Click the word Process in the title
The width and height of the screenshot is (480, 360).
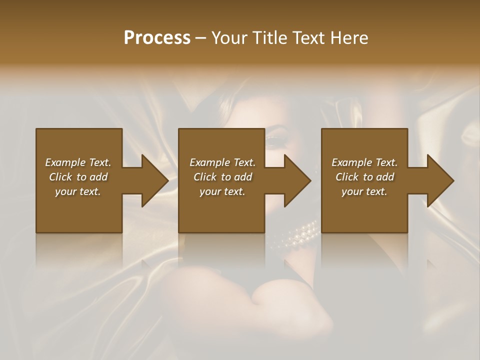[x=157, y=38]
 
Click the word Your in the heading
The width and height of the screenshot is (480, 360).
[x=228, y=38]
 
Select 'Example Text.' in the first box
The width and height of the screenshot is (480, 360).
[x=78, y=162]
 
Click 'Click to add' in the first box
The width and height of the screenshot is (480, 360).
[x=78, y=177]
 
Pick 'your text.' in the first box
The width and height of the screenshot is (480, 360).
[x=78, y=191]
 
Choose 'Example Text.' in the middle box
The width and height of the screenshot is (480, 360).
[x=222, y=162]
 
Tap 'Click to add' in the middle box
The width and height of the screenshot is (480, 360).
[x=222, y=177]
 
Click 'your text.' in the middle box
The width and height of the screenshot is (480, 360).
[x=222, y=191]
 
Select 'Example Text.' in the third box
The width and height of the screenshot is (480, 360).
[x=364, y=162]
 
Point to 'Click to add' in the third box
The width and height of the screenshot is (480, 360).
[x=364, y=177]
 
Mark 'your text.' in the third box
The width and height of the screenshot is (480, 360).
[x=364, y=191]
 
